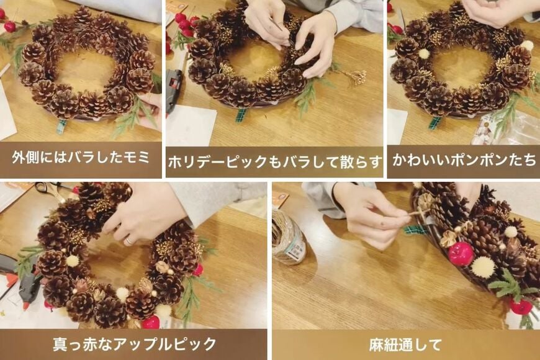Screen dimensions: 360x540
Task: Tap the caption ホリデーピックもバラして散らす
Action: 274,162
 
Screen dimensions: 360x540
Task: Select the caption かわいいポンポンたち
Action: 462,160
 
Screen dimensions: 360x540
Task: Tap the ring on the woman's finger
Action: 129,240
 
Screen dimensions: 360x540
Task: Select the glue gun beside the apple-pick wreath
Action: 25,282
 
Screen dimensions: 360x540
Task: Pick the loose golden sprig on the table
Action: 355,76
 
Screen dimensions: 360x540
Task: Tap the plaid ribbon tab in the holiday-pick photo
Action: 241,115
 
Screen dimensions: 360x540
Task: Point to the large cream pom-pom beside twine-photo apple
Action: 482,267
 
